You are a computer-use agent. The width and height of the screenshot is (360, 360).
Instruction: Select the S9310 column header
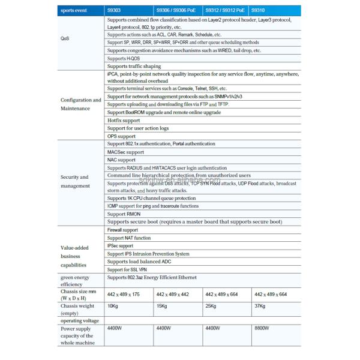click(x=259, y=10)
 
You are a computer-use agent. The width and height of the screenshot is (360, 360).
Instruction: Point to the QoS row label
click(x=65, y=38)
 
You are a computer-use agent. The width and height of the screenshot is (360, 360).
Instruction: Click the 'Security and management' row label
click(x=75, y=181)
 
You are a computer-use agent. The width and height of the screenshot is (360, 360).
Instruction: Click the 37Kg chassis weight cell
click(x=260, y=307)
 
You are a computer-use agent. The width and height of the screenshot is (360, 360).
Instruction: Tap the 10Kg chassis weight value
click(x=113, y=307)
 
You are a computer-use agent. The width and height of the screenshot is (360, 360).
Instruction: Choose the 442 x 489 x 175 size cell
click(x=123, y=294)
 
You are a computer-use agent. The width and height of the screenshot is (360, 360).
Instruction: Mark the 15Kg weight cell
click(x=162, y=307)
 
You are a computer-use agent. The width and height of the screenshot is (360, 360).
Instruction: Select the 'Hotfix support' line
click(x=123, y=121)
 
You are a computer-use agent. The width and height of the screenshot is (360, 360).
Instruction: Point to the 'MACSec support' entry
click(x=125, y=152)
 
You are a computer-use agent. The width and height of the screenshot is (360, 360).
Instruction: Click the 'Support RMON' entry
click(x=124, y=214)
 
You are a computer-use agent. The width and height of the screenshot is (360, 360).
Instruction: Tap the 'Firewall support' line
click(x=122, y=230)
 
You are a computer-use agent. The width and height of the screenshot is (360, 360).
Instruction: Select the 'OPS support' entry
click(x=121, y=136)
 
